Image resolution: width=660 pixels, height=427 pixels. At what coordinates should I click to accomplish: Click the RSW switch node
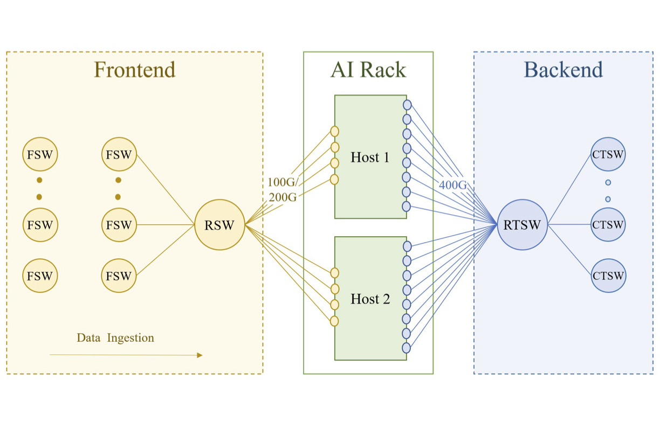219,225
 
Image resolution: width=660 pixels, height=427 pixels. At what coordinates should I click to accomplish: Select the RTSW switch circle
522,225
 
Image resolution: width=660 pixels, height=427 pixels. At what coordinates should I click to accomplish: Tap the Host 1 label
370,157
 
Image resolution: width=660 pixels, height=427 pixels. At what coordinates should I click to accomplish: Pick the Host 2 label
370,299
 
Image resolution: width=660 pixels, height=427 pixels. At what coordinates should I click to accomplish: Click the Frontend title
134,70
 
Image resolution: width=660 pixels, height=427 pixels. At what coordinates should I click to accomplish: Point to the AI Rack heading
368,70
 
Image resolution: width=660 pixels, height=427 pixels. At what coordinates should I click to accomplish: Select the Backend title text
563,70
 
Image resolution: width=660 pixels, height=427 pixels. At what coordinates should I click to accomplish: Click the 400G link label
453,185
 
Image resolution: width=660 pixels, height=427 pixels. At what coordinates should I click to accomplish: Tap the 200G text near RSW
283,197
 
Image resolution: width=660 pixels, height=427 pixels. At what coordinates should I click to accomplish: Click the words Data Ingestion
115,338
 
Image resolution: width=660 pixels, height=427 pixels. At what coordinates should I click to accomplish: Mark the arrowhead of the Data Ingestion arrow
200,355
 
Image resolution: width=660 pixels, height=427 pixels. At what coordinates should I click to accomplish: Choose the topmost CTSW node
608,155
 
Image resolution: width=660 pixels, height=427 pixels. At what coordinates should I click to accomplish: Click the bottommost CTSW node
608,276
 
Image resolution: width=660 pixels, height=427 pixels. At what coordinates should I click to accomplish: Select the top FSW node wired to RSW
119,155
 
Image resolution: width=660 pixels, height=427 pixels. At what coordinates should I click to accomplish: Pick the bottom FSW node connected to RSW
119,276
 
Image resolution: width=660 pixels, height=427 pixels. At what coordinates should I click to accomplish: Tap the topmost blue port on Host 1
407,105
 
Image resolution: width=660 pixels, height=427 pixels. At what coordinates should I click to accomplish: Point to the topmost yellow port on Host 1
334,131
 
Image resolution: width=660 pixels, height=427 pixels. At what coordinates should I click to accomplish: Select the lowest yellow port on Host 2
334,321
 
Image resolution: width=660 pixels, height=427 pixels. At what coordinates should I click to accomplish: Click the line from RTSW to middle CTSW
569,225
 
